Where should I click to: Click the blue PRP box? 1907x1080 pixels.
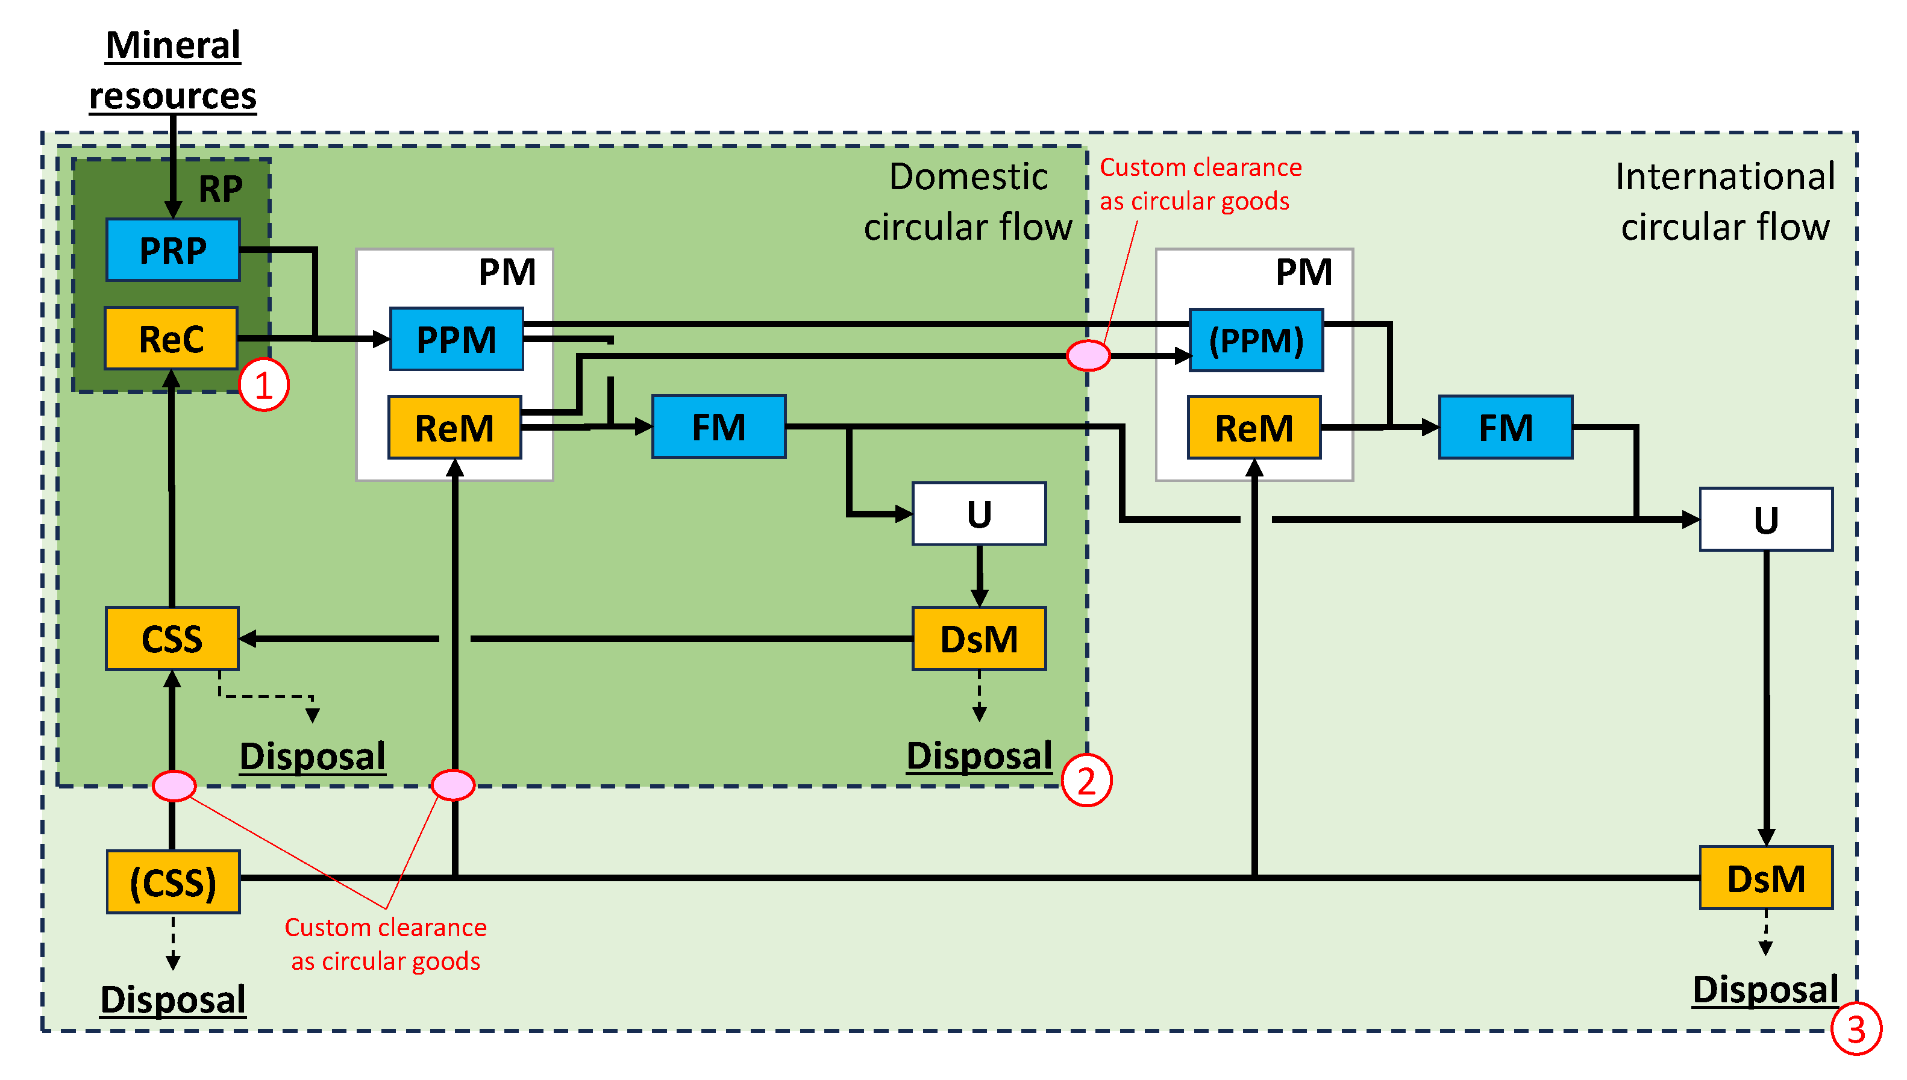[x=173, y=250]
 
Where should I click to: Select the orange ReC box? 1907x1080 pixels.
[x=171, y=339]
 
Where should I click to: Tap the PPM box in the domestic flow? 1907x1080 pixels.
[x=456, y=340]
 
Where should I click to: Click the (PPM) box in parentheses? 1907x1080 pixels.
[x=1256, y=340]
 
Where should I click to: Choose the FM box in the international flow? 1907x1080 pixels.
[x=1505, y=428]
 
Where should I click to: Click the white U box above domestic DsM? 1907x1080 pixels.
[x=979, y=514]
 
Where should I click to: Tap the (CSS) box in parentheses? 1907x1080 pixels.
[x=173, y=882]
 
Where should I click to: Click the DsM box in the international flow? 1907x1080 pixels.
[x=1765, y=878]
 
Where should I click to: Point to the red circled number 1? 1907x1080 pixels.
[x=263, y=385]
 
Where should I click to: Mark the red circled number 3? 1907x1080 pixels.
[x=1856, y=1029]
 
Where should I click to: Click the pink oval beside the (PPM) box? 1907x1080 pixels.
[x=1088, y=355]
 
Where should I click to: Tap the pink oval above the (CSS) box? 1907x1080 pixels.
[x=174, y=785]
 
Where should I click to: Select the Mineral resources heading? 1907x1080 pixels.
[x=173, y=70]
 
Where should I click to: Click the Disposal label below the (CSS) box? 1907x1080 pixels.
[x=173, y=999]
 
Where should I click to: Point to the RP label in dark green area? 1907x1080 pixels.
[x=221, y=189]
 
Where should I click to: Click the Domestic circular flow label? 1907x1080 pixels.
[x=968, y=202]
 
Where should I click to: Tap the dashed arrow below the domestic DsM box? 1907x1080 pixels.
[x=979, y=698]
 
